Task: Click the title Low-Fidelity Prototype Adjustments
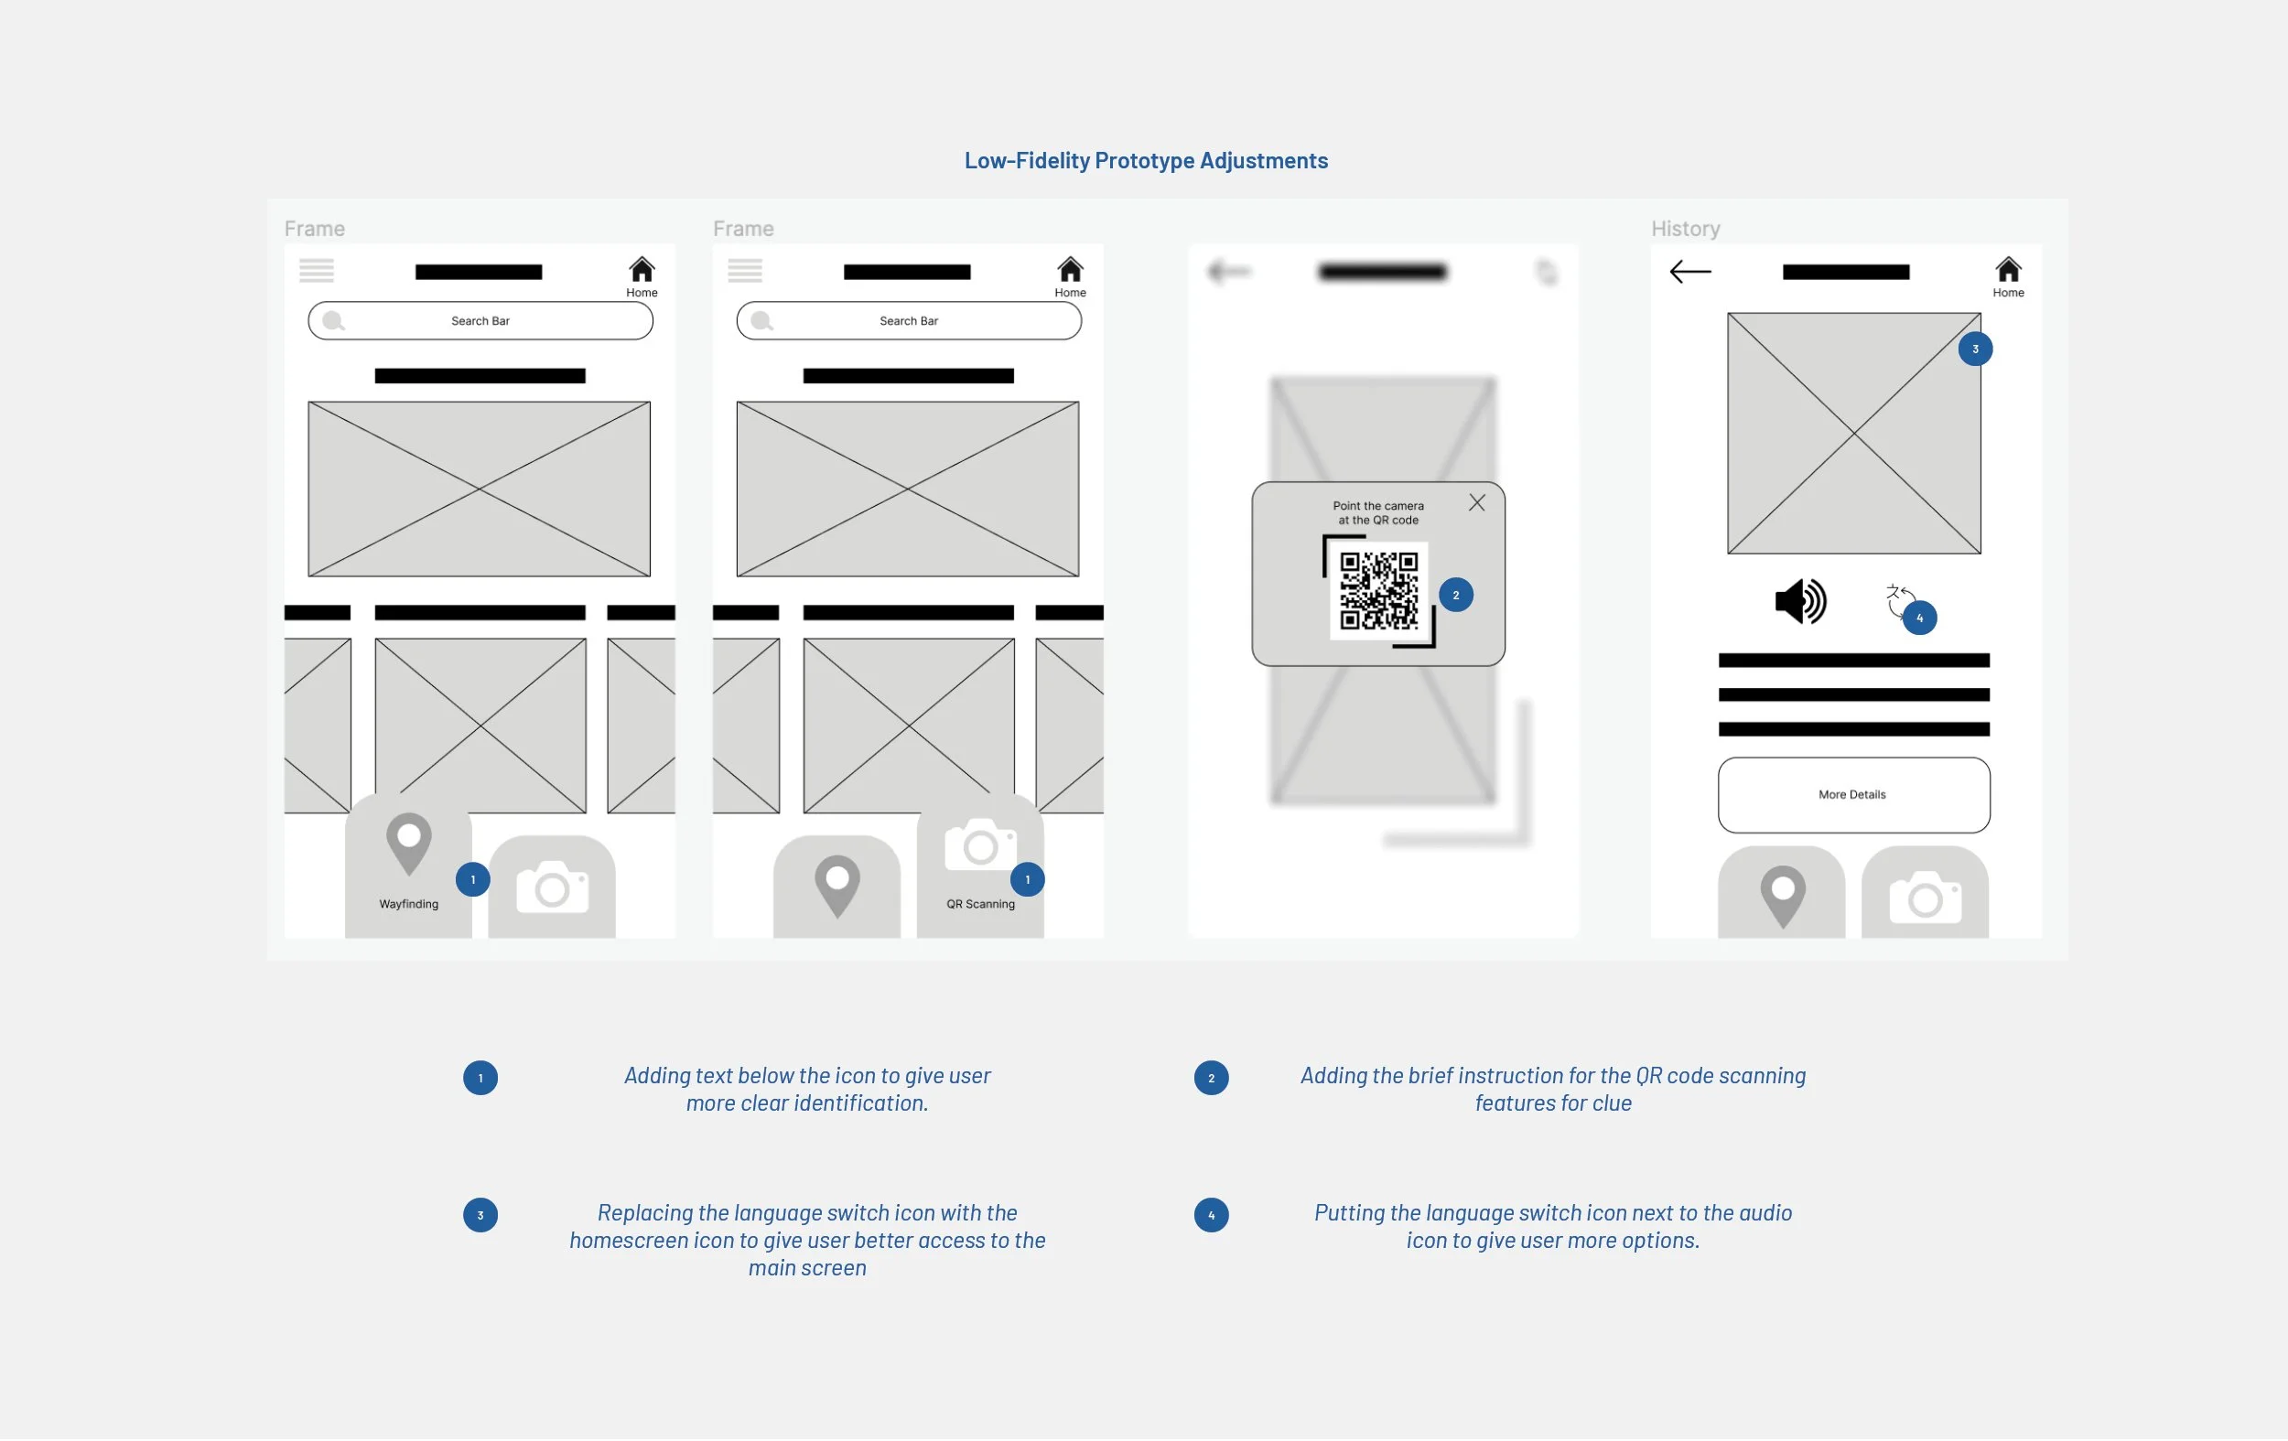(1146, 160)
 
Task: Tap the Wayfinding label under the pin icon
(408, 904)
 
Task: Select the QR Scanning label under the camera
(980, 904)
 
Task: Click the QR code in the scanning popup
(1377, 591)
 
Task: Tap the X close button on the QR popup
(1476, 502)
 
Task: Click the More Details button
(1853, 795)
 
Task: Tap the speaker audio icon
(1799, 601)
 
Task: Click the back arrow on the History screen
(1690, 273)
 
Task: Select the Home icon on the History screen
(2008, 272)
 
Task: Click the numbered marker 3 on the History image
(1974, 349)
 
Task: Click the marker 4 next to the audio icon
(1919, 618)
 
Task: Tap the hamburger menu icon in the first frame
(317, 271)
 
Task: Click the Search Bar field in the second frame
(909, 321)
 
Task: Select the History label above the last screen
(1685, 229)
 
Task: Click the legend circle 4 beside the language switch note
(1211, 1216)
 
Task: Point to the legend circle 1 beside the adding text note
(480, 1078)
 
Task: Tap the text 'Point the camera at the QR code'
(1377, 513)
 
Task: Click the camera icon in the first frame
(552, 887)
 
